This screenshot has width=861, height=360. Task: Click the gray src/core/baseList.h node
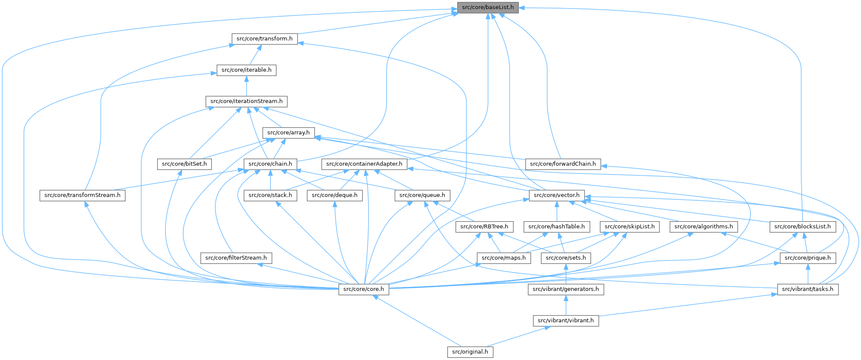[x=488, y=7]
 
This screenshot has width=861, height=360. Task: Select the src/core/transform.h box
[x=264, y=38]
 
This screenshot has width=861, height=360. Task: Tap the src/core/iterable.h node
[x=246, y=70]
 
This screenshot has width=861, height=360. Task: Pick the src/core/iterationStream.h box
[x=246, y=101]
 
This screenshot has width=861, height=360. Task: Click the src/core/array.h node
[x=288, y=132]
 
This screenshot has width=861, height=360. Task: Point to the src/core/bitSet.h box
[x=184, y=164]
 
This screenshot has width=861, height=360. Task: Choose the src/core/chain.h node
[x=270, y=164]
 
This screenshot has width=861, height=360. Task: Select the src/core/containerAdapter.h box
[x=364, y=164]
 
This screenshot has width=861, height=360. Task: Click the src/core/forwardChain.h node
[x=563, y=164]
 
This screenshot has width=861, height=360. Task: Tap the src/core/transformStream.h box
[x=82, y=195]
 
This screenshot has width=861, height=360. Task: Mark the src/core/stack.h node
[x=270, y=195]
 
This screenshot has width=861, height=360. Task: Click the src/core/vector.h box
[x=557, y=195]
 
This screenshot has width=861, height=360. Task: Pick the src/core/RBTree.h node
[x=484, y=226]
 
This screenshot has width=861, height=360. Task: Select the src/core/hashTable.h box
[x=556, y=226]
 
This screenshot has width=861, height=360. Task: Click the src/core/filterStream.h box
[x=236, y=258]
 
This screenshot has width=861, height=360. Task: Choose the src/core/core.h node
[x=363, y=289]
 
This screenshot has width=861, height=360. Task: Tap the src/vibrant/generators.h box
[x=566, y=289]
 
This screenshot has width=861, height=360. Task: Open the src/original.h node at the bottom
[x=470, y=352]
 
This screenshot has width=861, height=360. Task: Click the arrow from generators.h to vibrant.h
[x=566, y=305]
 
